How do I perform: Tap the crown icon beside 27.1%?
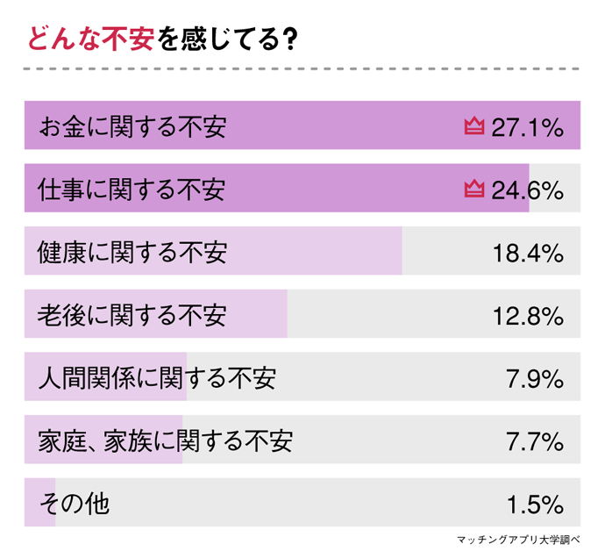(x=474, y=126)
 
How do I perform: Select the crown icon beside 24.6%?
(x=474, y=189)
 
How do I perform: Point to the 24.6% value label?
(x=526, y=190)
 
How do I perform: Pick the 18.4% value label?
(x=526, y=253)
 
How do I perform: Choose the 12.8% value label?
(x=526, y=315)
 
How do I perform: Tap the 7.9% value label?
(x=534, y=378)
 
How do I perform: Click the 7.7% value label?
(x=534, y=440)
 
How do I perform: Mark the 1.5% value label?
(x=534, y=504)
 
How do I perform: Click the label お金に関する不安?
(x=132, y=126)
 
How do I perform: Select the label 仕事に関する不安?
(x=132, y=190)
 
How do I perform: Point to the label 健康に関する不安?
(x=132, y=253)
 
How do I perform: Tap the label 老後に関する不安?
(x=132, y=315)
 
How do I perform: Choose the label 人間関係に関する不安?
(x=157, y=378)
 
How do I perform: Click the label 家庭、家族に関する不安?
(x=165, y=440)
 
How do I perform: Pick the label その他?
(x=74, y=504)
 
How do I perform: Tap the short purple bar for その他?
(x=39, y=504)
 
